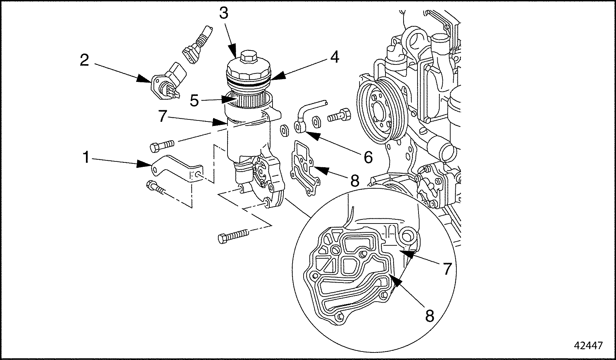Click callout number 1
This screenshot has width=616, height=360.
(x=86, y=158)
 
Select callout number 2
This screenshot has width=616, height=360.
(x=85, y=60)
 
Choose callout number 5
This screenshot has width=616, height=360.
(x=194, y=101)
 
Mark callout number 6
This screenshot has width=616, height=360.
(x=368, y=157)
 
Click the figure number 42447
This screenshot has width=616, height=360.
(x=588, y=346)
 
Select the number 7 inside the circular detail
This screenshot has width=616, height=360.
(x=447, y=269)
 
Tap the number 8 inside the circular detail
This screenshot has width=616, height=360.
(x=430, y=316)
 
